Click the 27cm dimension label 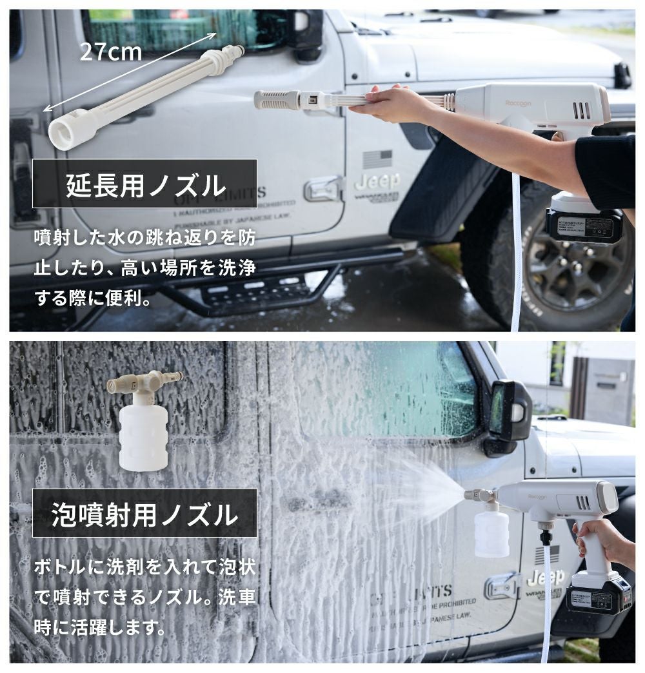110,51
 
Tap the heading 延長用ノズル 145,185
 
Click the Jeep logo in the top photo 377,181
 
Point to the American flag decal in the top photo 377,158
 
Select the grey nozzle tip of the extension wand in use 276,100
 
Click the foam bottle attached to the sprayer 491,532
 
